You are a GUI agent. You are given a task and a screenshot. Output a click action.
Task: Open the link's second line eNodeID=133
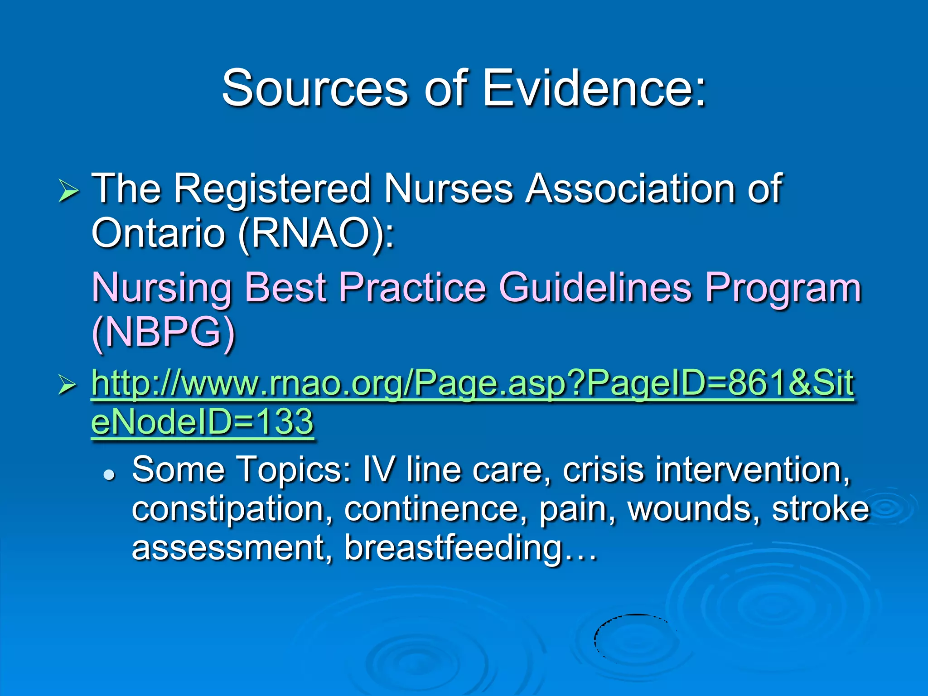tap(202, 422)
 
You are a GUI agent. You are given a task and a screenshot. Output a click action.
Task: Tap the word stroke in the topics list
tap(821, 509)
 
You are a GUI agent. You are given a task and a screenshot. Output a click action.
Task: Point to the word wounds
tap(693, 509)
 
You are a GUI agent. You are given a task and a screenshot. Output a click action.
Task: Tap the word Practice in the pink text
tap(412, 288)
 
